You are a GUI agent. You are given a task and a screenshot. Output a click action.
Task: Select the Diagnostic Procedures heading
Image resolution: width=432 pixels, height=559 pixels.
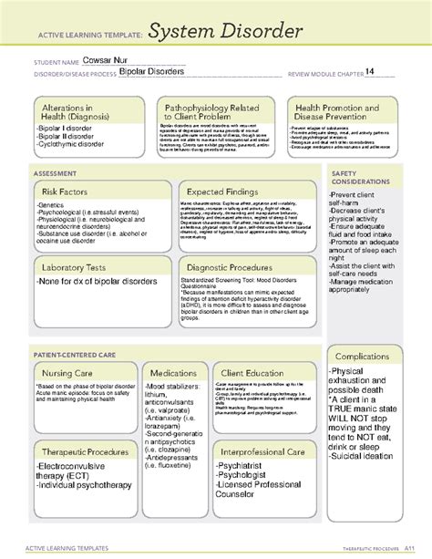coord(234,266)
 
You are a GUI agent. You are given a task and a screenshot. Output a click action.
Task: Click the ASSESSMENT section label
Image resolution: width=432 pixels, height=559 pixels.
coord(49,171)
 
